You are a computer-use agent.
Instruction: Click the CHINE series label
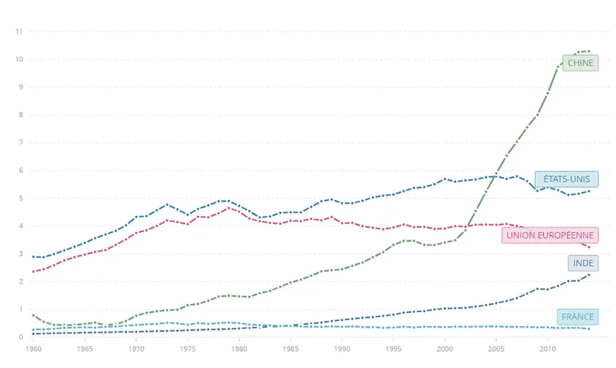[580, 63]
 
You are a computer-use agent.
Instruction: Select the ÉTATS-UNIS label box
[566, 179]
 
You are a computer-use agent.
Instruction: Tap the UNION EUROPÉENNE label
[551, 235]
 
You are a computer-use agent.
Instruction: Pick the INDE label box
[584, 263]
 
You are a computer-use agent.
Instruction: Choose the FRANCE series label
[577, 317]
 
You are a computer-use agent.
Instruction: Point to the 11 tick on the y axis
[20, 32]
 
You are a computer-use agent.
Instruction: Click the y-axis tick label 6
[20, 170]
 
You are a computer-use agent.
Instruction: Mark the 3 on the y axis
[20, 254]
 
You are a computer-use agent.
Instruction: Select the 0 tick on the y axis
[20, 337]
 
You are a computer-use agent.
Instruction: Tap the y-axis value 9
[20, 87]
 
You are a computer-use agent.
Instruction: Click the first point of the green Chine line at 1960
[33, 315]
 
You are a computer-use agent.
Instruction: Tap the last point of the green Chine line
[589, 51]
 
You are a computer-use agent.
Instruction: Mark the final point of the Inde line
[589, 275]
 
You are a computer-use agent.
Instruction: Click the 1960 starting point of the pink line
[33, 272]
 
